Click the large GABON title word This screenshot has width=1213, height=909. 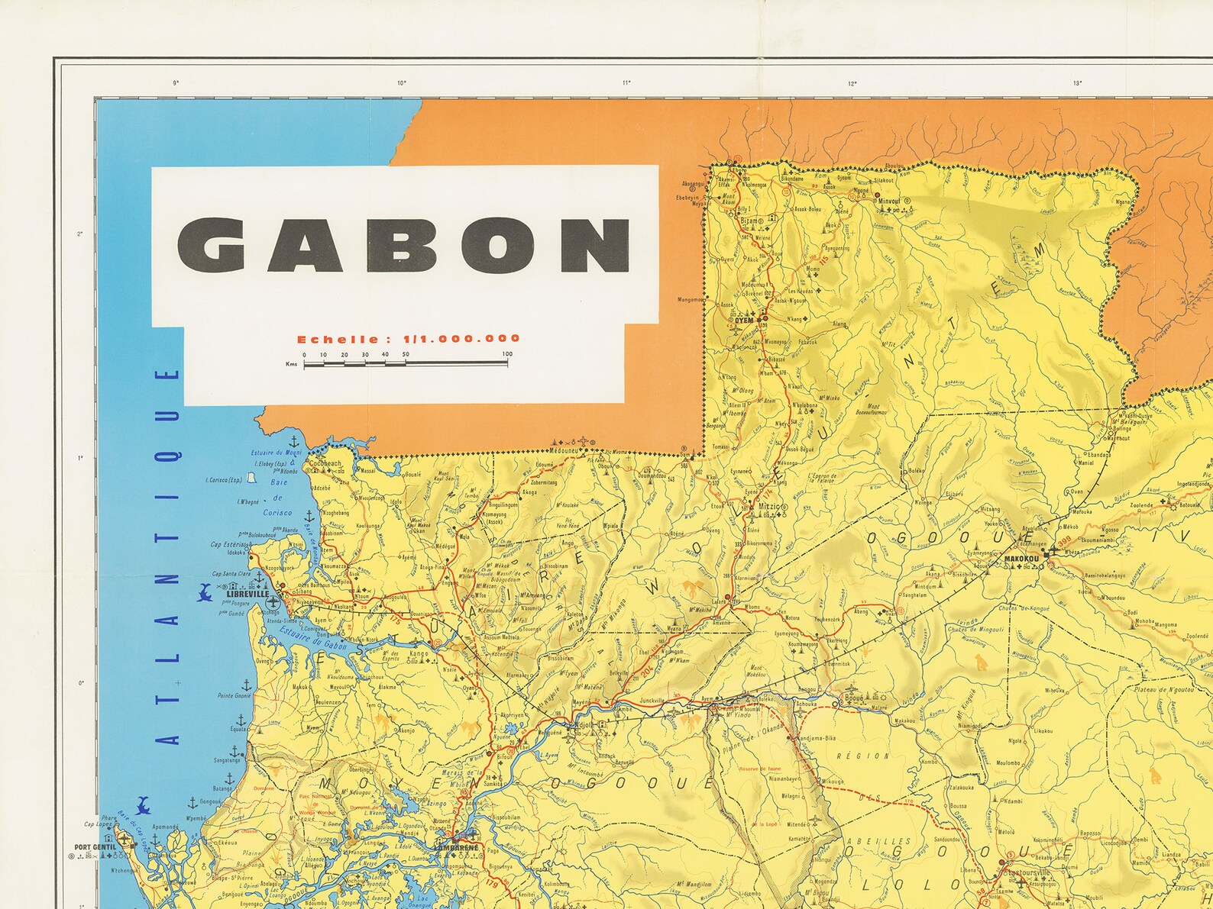[404, 246]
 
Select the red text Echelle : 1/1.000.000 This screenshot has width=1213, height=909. [409, 339]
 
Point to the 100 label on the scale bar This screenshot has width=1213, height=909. [507, 354]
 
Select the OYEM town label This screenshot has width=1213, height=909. [744, 320]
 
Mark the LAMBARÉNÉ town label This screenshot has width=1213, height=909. [456, 847]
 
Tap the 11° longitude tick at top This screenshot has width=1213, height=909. [626, 82]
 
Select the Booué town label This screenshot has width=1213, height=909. [852, 697]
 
